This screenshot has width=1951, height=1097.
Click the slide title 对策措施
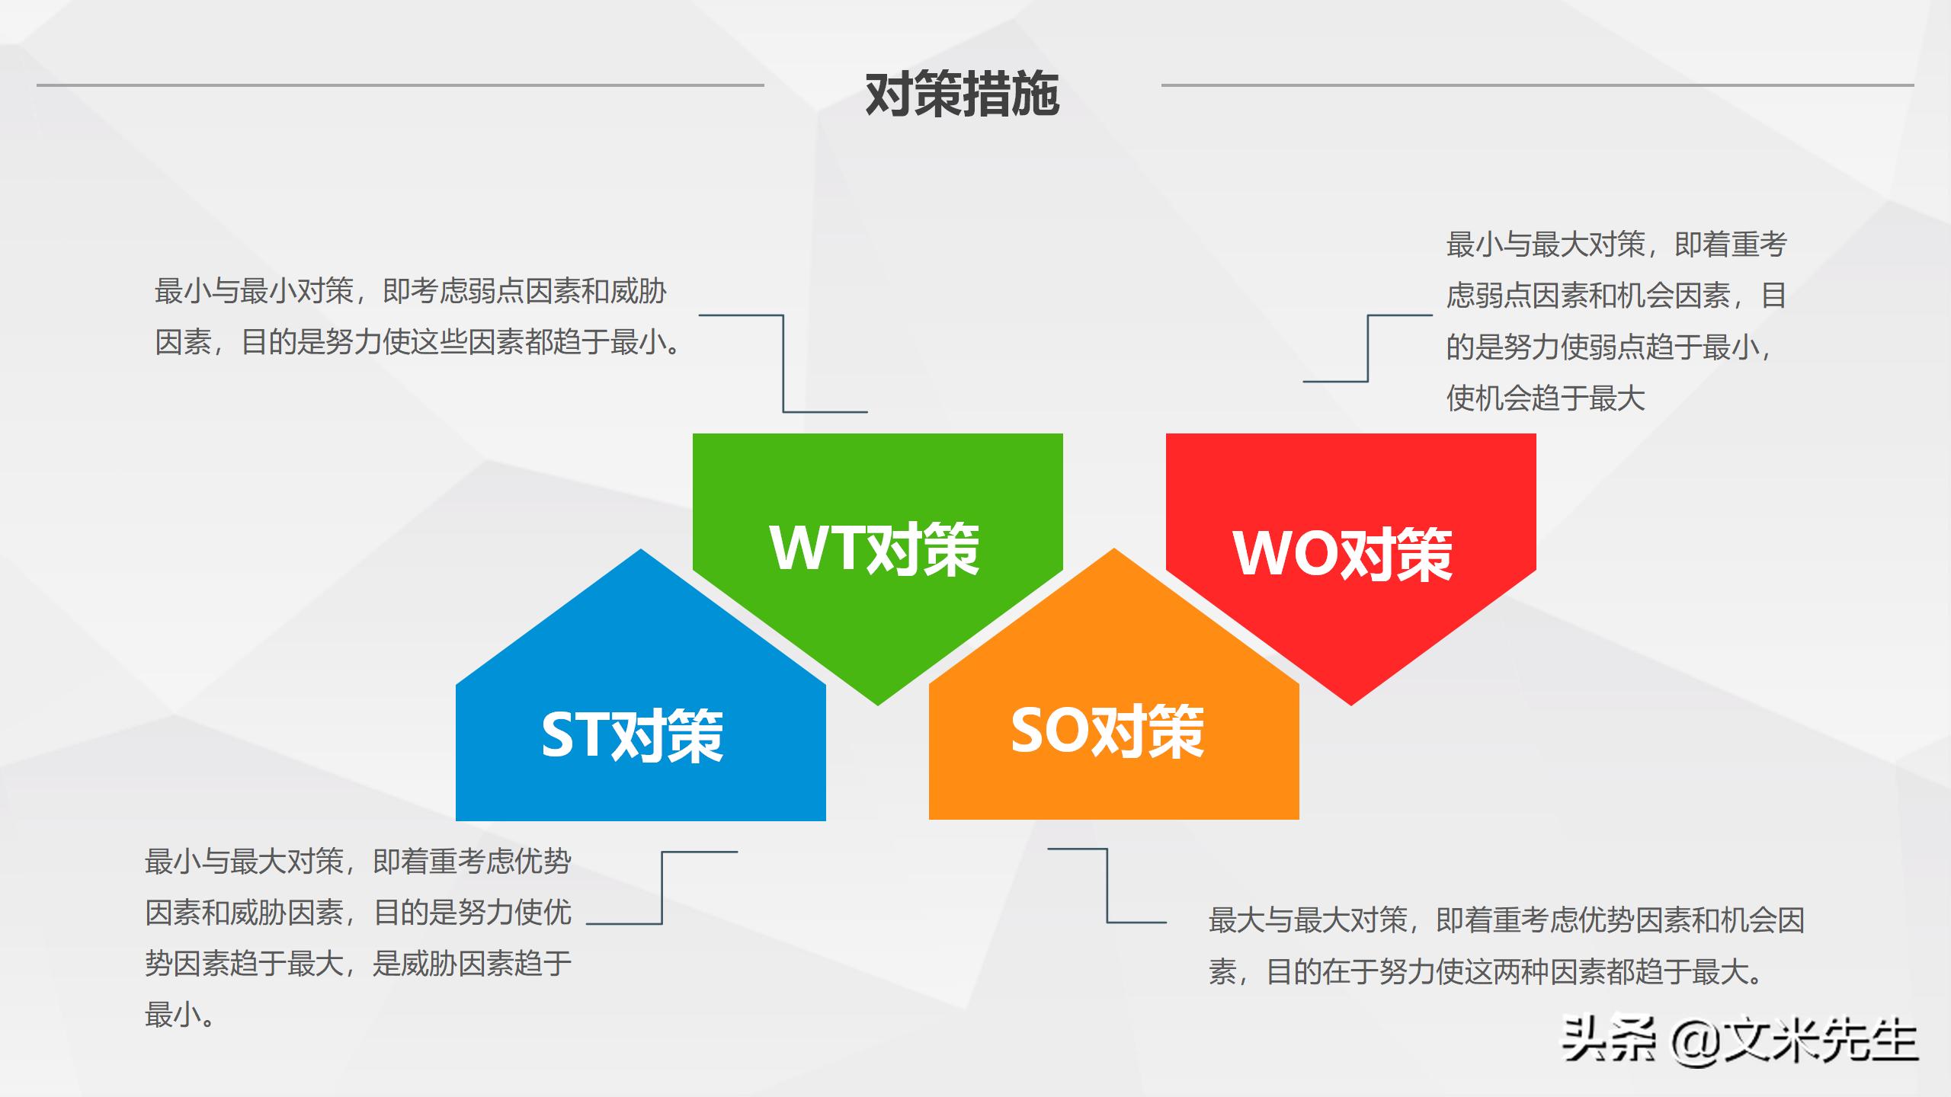coord(962,94)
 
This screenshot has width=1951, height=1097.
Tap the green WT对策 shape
coord(876,503)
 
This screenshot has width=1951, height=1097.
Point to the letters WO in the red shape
coord(1284,554)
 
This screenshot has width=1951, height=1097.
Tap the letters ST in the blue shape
coord(575,734)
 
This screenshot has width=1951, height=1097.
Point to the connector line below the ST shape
coord(662,888)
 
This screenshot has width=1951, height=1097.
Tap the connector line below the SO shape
coord(1107,885)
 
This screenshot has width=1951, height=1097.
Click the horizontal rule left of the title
coord(400,85)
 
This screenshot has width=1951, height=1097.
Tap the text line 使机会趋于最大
coord(1546,398)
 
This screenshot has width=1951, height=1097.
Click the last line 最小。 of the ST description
coord(180,1015)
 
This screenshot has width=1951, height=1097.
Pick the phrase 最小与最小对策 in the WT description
coord(254,291)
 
